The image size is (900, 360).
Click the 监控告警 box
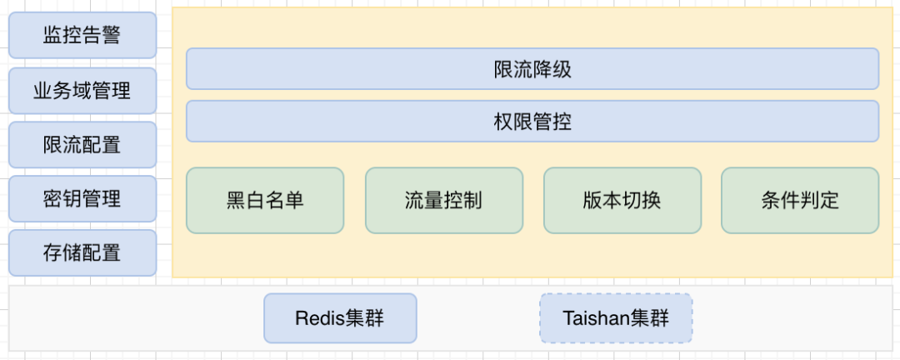coord(82,35)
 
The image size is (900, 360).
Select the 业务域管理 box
coord(82,90)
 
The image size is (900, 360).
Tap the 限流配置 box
coord(82,144)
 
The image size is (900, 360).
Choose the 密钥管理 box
coord(82,198)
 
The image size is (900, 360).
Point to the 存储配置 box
coord(82,252)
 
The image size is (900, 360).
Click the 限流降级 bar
coord(532,69)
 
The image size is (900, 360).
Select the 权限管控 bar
coord(532,122)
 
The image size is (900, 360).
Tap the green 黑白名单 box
coord(265,200)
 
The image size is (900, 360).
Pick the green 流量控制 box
coord(444,200)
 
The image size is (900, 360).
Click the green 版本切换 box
coord(622,200)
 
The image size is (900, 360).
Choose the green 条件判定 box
coord(800,200)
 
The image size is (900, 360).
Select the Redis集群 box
coord(340,318)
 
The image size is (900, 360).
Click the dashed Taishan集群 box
coord(616,318)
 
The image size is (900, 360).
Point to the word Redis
coord(314,318)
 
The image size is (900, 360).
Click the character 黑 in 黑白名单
coord(236,201)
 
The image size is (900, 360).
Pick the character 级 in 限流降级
coord(562,69)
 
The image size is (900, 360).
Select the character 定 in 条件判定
coord(829,201)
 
